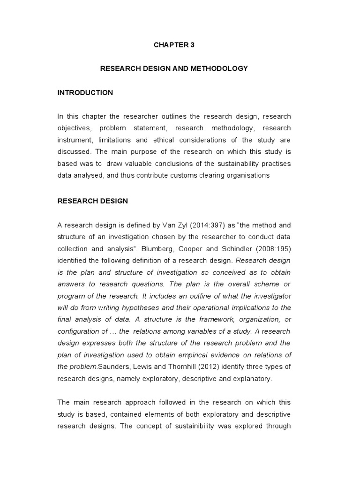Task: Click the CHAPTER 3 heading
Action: coord(173,45)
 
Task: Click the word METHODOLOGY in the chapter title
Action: coord(221,68)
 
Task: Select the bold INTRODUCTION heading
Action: coord(85,92)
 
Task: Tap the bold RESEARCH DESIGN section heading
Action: coord(92,201)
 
